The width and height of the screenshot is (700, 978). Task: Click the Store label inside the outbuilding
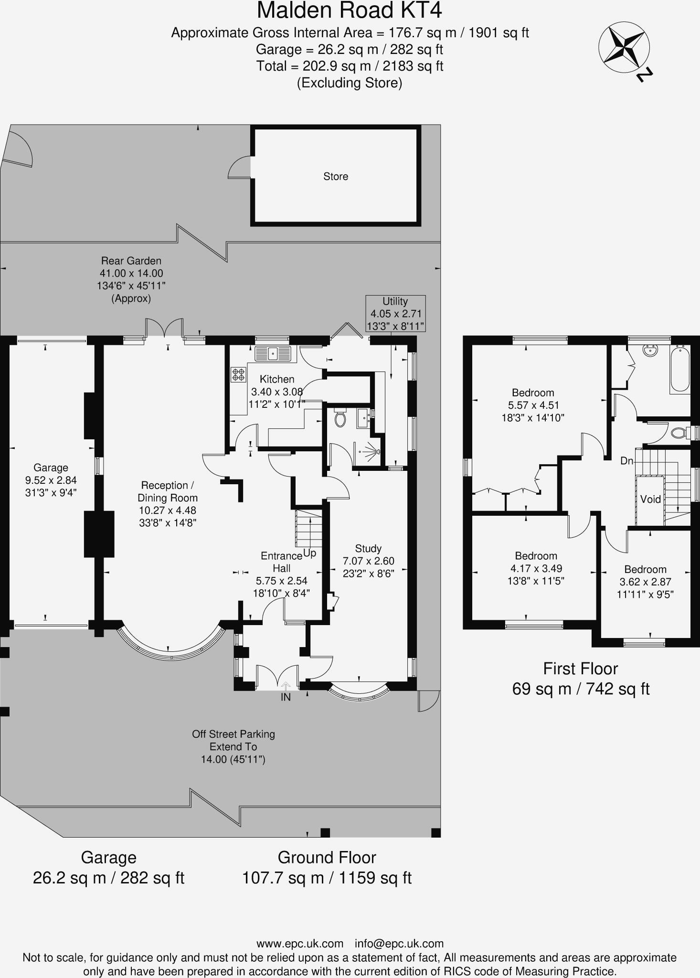tap(336, 176)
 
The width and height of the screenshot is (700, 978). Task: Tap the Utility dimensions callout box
tap(395, 314)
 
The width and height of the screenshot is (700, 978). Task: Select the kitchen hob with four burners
tap(238, 374)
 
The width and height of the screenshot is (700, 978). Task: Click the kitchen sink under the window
tap(273, 354)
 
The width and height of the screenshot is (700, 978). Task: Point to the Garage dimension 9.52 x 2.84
tap(51, 480)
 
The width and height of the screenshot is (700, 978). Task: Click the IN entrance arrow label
tap(286, 697)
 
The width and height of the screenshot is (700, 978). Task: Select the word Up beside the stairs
tap(310, 553)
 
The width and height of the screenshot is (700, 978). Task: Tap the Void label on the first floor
tap(650, 499)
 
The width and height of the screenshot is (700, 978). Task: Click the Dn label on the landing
tap(626, 461)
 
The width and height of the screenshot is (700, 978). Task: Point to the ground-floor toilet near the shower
tap(340, 418)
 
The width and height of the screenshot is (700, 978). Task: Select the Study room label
tap(368, 548)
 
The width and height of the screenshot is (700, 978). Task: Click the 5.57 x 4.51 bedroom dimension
tap(533, 405)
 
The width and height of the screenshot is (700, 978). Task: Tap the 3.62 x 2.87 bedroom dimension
tap(645, 582)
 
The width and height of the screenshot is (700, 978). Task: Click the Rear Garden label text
tap(131, 261)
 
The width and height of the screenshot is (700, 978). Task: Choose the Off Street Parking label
tap(233, 734)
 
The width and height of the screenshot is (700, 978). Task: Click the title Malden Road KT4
tap(350, 11)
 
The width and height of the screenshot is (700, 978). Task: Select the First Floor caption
tap(580, 669)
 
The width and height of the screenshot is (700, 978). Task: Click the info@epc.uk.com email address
tap(399, 944)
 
